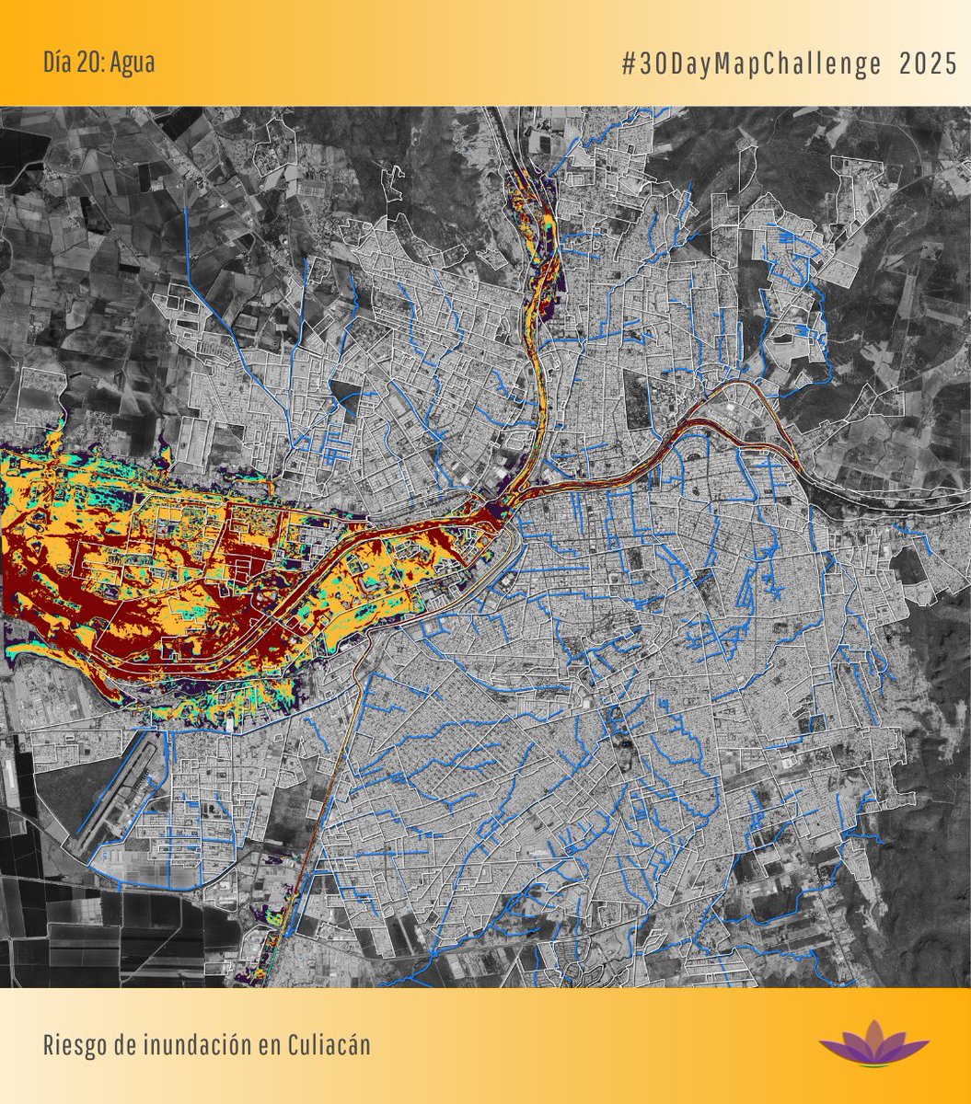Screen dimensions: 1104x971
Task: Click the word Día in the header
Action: point(57,63)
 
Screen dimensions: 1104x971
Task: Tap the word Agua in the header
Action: point(133,63)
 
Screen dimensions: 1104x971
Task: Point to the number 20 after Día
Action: point(90,63)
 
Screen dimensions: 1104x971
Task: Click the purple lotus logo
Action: point(873,1044)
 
